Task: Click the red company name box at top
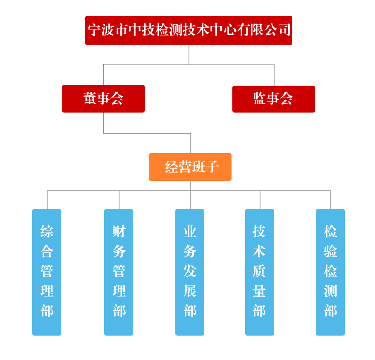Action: tap(189, 30)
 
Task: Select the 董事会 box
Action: tap(103, 98)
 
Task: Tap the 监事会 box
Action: tap(273, 99)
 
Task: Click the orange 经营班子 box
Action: tap(190, 167)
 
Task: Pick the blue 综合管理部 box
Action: tap(47, 272)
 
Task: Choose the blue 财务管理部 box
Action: tap(119, 272)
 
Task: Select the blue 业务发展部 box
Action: tap(190, 272)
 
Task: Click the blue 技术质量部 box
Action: tap(260, 272)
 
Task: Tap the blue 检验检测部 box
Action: tap(330, 272)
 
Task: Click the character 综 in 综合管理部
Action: tap(47, 231)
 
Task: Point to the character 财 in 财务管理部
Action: tap(119, 231)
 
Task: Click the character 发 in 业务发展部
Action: tap(190, 271)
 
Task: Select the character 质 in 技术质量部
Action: tap(259, 271)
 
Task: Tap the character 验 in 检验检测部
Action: tap(330, 251)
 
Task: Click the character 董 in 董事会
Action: tap(90, 98)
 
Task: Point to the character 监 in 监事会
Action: tap(260, 98)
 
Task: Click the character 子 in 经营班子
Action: tap(212, 167)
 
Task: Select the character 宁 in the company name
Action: tap(94, 30)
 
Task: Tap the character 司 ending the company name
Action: tap(284, 30)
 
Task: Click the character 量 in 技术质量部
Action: tap(259, 291)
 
